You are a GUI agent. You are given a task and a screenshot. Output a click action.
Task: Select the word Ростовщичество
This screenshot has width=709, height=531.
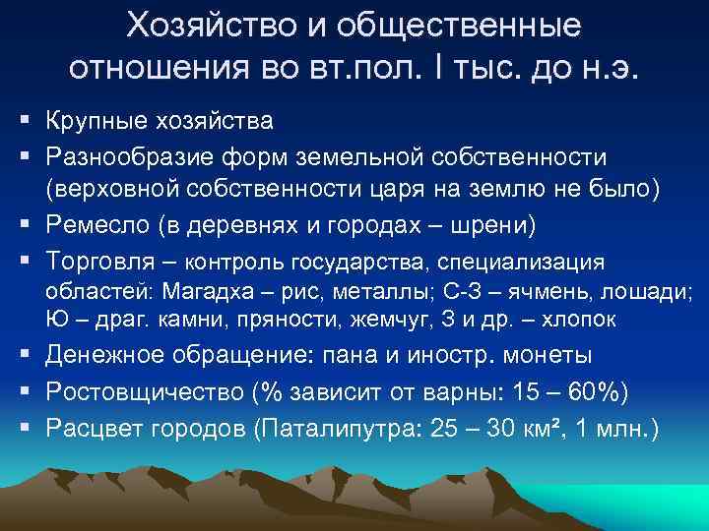point(142,390)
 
